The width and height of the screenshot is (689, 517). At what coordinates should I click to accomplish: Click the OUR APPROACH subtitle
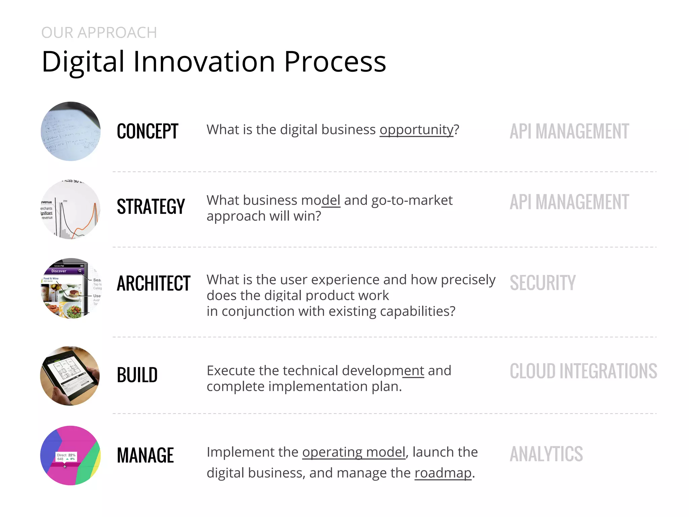(x=99, y=33)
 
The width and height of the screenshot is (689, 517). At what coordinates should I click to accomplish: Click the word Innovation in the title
(x=204, y=62)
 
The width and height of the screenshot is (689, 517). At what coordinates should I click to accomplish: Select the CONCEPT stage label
(x=147, y=131)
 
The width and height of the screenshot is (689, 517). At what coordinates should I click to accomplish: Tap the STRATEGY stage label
(x=151, y=206)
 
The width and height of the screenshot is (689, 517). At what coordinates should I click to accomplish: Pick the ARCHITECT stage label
(x=153, y=283)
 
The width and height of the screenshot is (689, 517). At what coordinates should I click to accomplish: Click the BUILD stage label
(x=137, y=375)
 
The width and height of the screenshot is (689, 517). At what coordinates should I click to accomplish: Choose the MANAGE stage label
(x=145, y=455)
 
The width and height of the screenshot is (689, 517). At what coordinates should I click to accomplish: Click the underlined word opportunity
(x=416, y=130)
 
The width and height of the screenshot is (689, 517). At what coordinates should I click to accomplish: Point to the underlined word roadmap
(x=443, y=473)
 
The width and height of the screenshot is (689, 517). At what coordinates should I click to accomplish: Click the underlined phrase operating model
(x=354, y=452)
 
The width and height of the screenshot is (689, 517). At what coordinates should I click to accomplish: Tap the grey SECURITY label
(x=542, y=283)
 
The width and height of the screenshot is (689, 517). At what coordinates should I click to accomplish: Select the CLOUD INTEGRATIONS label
(x=583, y=371)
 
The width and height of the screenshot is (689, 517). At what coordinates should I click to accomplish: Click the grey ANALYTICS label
(x=546, y=454)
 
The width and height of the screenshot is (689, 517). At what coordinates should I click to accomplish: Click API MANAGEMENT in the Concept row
(x=569, y=131)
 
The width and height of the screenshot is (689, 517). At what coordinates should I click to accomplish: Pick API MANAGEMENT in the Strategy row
(x=569, y=202)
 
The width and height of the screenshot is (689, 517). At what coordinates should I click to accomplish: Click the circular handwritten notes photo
(x=71, y=131)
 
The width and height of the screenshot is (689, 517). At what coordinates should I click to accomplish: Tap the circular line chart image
(x=71, y=209)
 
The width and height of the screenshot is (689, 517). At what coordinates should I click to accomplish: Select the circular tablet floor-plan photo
(x=70, y=376)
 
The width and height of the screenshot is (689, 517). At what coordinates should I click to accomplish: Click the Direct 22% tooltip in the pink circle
(x=66, y=457)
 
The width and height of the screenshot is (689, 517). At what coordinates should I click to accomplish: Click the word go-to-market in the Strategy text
(x=412, y=200)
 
